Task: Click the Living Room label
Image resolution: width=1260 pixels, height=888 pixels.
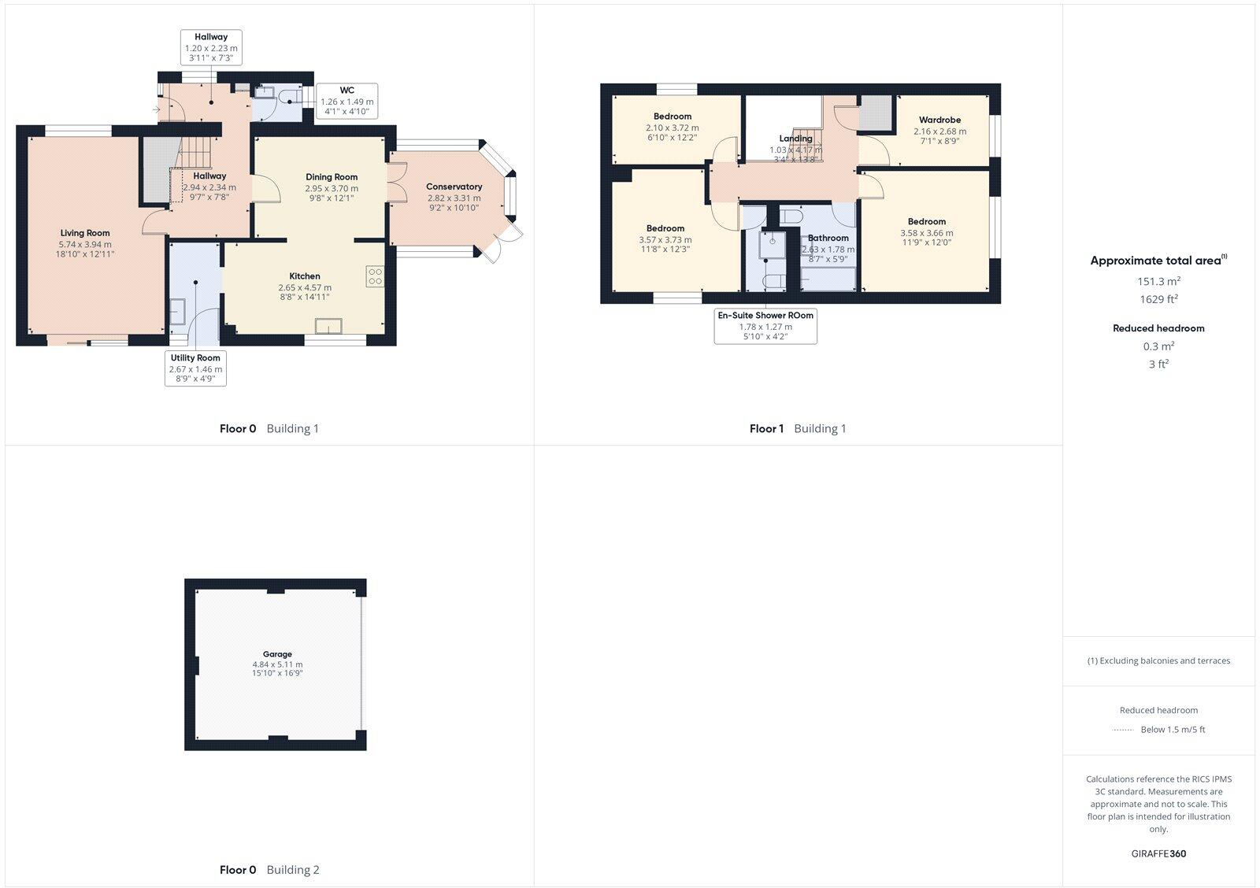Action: tap(85, 233)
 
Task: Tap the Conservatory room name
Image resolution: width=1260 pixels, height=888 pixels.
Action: tap(454, 187)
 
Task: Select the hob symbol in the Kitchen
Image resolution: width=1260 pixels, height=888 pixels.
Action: tap(375, 276)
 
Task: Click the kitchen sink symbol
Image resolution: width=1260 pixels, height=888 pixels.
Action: tap(328, 326)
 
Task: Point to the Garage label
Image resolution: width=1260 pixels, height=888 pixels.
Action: tap(277, 654)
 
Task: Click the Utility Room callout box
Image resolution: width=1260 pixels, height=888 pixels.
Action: tap(196, 368)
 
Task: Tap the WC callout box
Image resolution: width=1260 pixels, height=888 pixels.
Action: tap(346, 102)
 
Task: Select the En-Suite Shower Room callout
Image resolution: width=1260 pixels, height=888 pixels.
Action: tap(765, 326)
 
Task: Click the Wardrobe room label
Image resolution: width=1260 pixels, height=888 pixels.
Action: tap(939, 120)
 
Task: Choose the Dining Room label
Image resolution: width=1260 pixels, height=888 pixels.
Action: tap(332, 177)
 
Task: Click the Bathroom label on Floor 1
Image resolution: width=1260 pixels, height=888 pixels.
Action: tap(828, 238)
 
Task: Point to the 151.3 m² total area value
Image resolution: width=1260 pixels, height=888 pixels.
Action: tap(1158, 281)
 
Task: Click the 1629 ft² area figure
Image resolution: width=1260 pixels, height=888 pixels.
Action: tap(1158, 299)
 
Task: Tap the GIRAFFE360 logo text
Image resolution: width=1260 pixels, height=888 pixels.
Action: tap(1158, 853)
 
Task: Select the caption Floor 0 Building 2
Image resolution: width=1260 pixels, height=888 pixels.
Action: tap(269, 870)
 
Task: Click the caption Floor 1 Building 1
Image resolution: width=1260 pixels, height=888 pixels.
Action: tap(798, 429)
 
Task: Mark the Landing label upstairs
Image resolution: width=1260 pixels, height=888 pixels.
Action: tap(795, 139)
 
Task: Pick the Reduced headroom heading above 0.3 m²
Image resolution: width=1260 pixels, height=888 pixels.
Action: tap(1158, 328)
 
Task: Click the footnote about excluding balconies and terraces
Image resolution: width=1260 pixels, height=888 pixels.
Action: tap(1158, 661)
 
